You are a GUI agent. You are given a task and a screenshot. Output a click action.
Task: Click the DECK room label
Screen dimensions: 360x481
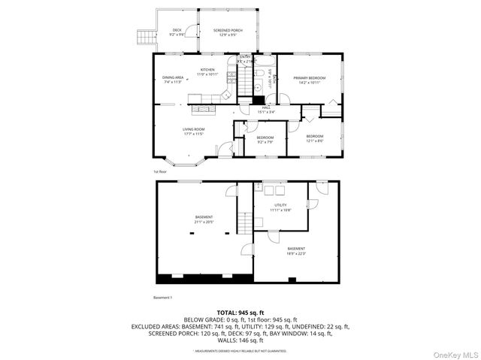point(177,30)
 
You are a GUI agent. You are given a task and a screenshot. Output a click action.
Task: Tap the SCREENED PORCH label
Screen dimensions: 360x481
point(226,30)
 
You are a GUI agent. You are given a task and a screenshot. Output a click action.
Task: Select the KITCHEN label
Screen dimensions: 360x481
point(207,70)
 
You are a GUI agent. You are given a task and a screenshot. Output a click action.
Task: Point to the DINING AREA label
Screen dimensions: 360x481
point(174,77)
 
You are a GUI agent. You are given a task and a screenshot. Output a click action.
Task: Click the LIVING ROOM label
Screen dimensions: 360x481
point(193,129)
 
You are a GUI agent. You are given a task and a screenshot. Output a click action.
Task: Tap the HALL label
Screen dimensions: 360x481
point(267,107)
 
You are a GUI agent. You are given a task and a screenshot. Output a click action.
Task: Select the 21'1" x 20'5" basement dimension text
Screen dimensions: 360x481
point(204,222)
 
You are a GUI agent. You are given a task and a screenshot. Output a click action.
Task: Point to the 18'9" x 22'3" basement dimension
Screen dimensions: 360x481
point(296,253)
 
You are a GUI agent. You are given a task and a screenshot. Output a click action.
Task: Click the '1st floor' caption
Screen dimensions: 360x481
point(160,171)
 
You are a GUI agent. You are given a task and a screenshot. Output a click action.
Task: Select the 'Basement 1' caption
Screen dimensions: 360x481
point(163,298)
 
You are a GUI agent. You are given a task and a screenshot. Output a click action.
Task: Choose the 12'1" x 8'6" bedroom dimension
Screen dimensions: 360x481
point(314,141)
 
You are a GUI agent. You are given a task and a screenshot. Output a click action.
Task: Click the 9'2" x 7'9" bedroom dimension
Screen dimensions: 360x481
point(265,142)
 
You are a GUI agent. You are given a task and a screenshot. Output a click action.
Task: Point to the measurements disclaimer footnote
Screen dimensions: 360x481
point(240,351)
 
